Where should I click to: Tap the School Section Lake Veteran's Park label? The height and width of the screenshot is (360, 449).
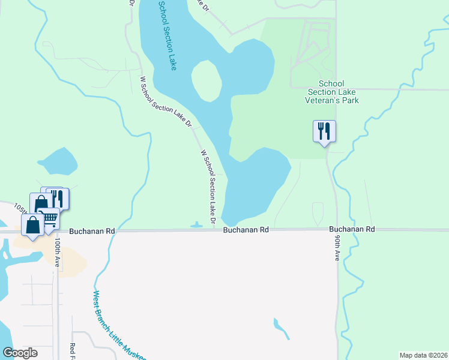331,92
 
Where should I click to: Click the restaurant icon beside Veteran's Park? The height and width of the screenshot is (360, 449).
324,131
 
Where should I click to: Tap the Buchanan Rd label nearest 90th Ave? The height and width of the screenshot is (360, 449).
352,229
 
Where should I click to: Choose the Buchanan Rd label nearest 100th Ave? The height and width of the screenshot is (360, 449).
91,230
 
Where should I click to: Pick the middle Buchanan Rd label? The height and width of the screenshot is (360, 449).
246,230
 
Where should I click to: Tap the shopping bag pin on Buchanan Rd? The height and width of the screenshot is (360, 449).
32,226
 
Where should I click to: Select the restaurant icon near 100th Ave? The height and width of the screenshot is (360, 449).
58,198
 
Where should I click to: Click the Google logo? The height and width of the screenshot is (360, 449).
20,353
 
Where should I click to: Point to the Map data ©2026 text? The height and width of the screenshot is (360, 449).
423,355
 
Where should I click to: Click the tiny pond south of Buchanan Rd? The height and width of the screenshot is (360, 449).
280,327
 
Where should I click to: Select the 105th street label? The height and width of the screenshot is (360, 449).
20,208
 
